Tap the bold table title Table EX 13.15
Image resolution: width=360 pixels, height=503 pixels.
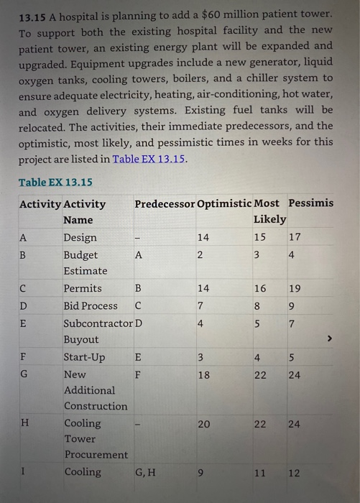55,183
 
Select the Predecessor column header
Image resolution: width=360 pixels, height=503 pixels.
164,203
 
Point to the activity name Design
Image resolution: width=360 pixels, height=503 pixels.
80,238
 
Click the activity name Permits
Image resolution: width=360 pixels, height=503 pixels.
83,288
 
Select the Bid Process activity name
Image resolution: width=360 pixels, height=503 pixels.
91,306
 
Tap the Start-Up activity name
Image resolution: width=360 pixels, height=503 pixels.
84,357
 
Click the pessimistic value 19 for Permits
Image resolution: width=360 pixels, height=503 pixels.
295,288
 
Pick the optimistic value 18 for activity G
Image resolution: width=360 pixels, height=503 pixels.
203,374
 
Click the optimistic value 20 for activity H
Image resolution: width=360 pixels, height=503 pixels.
203,424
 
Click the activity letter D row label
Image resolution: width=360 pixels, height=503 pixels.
24,306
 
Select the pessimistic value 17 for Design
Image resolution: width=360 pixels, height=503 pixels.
295,238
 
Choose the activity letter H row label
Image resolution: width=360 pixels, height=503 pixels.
24,424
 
